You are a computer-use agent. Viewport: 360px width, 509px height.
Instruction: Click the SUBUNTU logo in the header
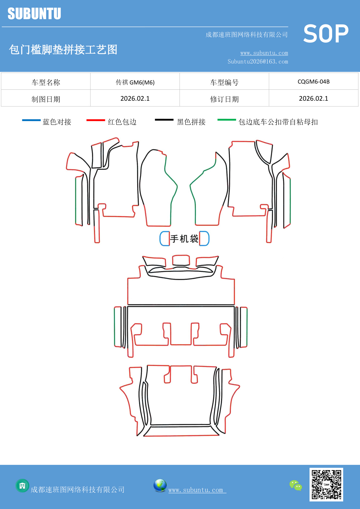(34, 14)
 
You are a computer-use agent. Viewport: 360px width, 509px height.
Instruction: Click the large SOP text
(326, 34)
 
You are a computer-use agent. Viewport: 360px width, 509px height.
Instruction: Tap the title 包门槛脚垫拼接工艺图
(63, 50)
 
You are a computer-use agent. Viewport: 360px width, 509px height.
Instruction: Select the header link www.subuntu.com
(264, 53)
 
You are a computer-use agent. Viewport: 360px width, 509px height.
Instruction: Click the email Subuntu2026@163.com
(258, 62)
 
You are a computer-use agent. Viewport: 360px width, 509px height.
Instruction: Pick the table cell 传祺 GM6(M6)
(135, 82)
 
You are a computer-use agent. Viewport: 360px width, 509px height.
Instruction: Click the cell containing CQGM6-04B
(314, 82)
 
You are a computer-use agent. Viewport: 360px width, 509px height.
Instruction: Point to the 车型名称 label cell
(46, 82)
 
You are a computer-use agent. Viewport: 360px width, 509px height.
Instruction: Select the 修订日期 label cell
(224, 99)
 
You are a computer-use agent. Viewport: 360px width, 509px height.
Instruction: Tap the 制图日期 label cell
(46, 99)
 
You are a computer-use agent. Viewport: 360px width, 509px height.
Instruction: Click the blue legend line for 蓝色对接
(31, 120)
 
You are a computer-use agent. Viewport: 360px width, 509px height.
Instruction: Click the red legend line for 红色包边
(95, 120)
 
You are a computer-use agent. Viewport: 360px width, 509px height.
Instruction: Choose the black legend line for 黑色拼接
(164, 120)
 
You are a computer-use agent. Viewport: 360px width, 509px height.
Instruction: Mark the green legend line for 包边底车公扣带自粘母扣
(227, 120)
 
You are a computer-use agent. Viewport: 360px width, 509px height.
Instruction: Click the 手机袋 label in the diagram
(184, 239)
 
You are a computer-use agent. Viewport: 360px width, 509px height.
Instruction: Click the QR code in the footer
(326, 484)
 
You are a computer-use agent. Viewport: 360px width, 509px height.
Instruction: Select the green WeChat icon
(296, 485)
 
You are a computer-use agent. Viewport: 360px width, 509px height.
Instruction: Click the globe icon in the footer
(160, 485)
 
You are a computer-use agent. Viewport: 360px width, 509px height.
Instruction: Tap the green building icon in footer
(22, 485)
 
